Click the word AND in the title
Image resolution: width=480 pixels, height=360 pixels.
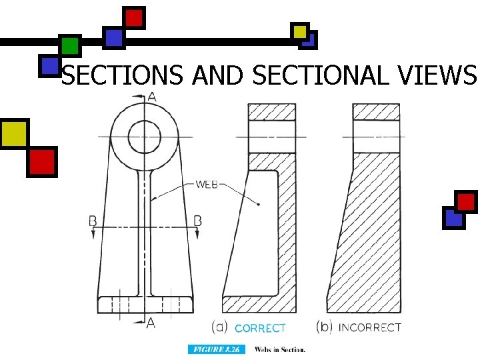tap(217, 77)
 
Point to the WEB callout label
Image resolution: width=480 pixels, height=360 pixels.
tap(207, 183)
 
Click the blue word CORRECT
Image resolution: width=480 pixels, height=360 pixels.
tap(260, 328)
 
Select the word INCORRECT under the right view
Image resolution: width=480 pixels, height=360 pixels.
tap(370, 327)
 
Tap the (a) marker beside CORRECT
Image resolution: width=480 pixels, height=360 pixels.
tap(221, 327)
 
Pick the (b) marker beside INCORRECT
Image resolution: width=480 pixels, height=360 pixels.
tap(325, 327)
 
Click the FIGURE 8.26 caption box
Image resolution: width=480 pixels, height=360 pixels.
tap(217, 349)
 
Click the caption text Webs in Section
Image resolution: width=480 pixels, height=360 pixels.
tap(280, 349)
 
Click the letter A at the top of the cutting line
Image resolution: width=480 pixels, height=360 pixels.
tap(152, 97)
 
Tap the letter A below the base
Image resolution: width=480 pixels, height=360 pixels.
tap(152, 323)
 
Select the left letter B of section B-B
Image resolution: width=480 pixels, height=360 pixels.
tap(93, 220)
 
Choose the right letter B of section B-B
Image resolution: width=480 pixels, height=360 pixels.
tap(198, 220)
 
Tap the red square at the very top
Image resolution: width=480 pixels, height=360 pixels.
tap(134, 17)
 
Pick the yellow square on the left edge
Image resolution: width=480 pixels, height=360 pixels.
tap(14, 133)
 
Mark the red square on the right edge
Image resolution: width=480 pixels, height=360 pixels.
tap(466, 201)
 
